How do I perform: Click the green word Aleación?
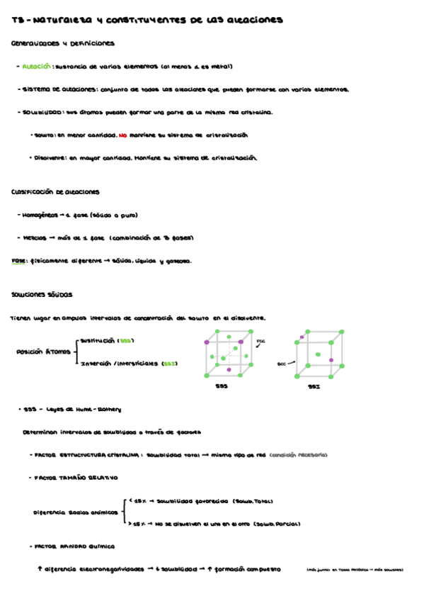coord(37,67)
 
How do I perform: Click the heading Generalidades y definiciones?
coord(63,44)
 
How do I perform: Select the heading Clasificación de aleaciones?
coord(56,192)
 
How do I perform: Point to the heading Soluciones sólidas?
coord(42,294)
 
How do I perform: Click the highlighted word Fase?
coord(19,261)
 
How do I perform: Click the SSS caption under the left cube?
coord(222,387)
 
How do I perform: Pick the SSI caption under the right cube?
coord(314,388)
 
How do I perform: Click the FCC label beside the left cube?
coord(260,341)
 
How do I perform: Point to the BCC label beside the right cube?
coord(281,364)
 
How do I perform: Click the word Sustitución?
coord(98,340)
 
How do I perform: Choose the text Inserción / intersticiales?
coord(119,364)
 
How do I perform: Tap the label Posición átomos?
coord(43,352)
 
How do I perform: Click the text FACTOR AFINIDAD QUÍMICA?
coord(76,546)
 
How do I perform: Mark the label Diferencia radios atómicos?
coord(76,512)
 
